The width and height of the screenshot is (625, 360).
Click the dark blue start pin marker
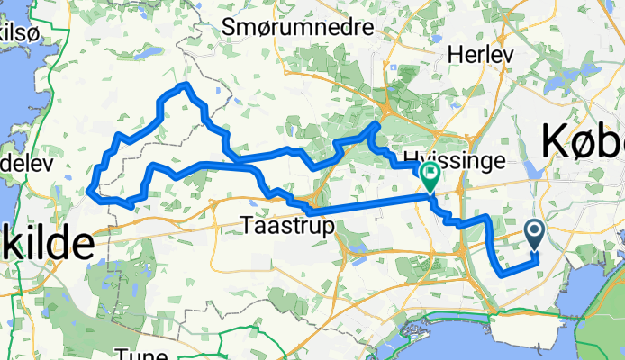(534, 236)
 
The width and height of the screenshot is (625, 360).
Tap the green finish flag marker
(430, 176)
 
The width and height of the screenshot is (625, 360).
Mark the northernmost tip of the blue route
(186, 85)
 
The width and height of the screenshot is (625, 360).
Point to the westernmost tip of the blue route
(89, 190)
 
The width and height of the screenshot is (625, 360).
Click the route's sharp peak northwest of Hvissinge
(376, 123)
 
